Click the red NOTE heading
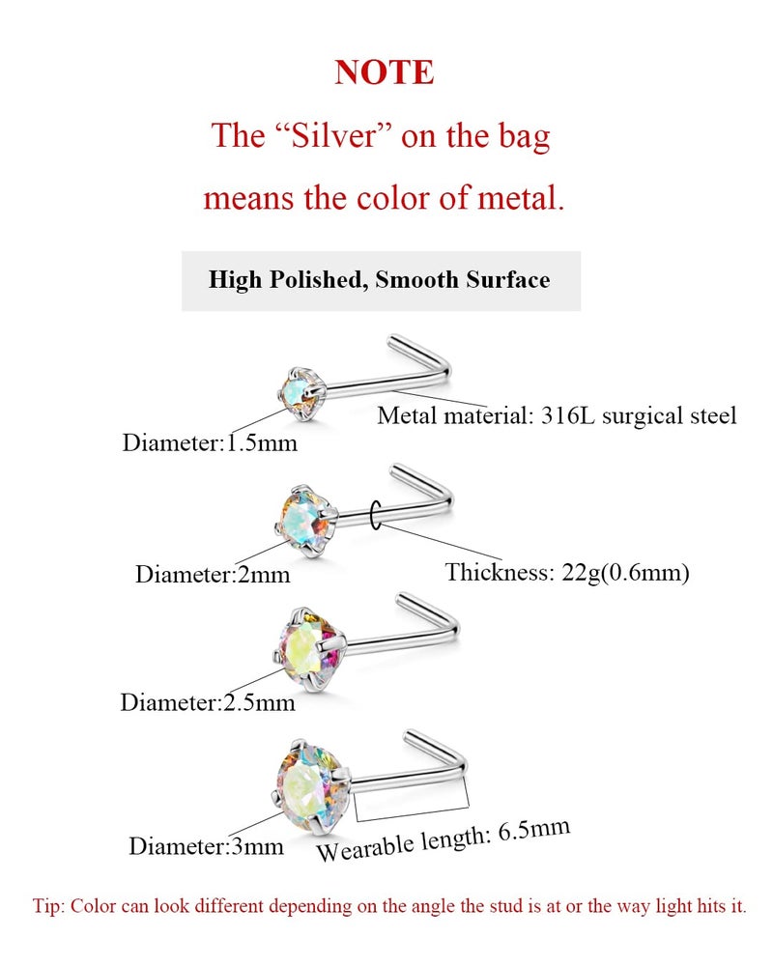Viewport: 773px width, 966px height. [385, 72]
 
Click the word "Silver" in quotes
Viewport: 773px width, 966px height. [333, 135]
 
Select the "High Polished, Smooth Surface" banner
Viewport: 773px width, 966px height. [381, 280]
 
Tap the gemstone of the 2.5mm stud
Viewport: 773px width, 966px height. [307, 647]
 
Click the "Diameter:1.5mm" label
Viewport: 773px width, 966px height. [210, 443]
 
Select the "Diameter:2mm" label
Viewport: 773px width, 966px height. [213, 575]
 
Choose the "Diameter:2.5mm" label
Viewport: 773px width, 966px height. [208, 703]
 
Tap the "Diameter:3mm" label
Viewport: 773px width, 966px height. [207, 846]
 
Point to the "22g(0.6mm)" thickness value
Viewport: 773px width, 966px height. [625, 573]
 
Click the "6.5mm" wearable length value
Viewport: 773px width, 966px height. [533, 830]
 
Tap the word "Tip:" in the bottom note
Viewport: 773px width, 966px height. [48, 907]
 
